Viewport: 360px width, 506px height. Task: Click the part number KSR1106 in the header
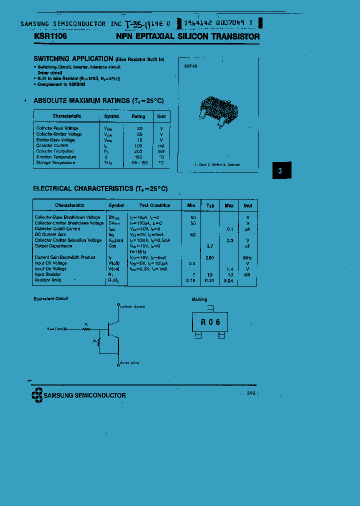tap(50, 36)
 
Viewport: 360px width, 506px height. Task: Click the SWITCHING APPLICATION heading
tap(73, 58)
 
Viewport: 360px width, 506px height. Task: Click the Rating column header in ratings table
tap(138, 116)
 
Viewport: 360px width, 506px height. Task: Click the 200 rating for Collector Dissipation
tap(138, 151)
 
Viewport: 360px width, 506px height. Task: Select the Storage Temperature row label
tap(55, 162)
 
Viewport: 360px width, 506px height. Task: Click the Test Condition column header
tap(154, 205)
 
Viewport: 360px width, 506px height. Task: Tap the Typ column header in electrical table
tap(210, 205)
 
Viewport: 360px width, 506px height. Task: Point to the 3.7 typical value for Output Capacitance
tap(210, 246)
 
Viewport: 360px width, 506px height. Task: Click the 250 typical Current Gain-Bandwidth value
tap(210, 257)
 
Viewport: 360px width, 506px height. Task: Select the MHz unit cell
tap(247, 257)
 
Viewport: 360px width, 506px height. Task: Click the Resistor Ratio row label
tap(48, 280)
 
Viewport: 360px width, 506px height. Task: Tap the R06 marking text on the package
tap(210, 322)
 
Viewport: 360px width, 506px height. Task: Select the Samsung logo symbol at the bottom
tap(37, 395)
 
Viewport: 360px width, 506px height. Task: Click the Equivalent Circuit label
tap(51, 298)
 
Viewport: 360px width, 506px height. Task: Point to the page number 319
tap(250, 393)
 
